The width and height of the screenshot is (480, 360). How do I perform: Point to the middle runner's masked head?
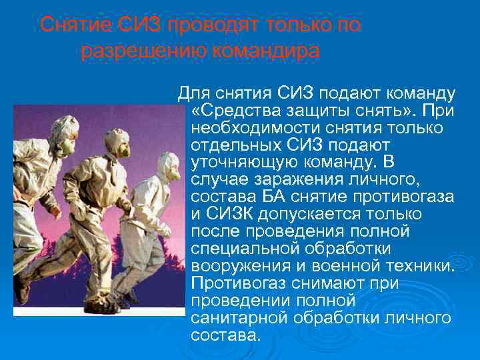pos(115,141)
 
